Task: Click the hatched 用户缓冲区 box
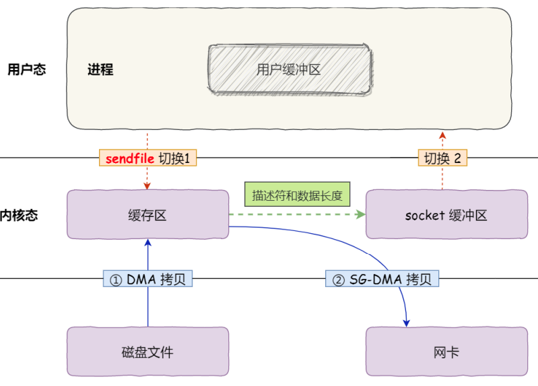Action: pyautogui.click(x=289, y=69)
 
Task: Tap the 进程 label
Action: pyautogui.click(x=100, y=69)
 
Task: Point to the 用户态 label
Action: pyautogui.click(x=27, y=69)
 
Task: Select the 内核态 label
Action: pyautogui.click(x=19, y=216)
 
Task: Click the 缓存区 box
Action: pyautogui.click(x=147, y=215)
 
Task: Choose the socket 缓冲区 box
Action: pyautogui.click(x=446, y=215)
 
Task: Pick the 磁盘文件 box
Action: pyautogui.click(x=147, y=352)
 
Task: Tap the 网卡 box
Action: pyautogui.click(x=446, y=352)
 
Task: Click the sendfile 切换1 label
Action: pyautogui.click(x=147, y=158)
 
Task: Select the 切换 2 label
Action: pyautogui.click(x=442, y=158)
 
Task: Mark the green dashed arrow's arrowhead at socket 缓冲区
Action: pyautogui.click(x=361, y=215)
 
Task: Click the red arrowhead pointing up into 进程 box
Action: pyautogui.click(x=442, y=135)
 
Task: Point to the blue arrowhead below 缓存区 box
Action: pyautogui.click(x=147, y=244)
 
